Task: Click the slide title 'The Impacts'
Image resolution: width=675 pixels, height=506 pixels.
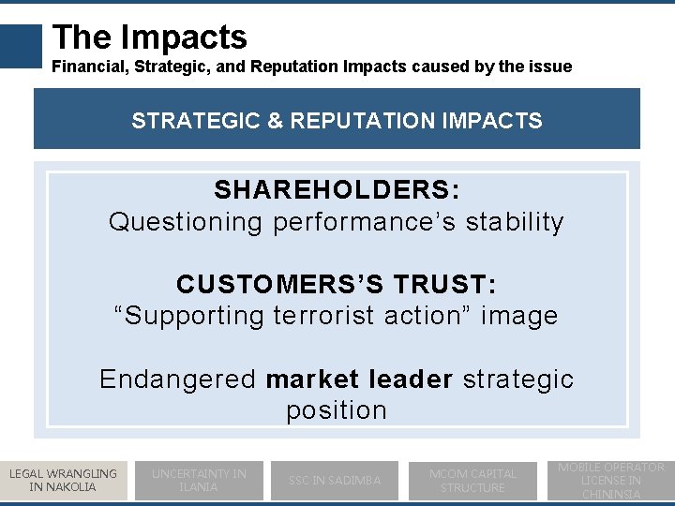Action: pos(150,37)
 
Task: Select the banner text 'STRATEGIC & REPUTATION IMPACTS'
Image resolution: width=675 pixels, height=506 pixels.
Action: pos(337,121)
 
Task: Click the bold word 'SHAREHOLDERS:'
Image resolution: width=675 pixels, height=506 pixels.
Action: pos(337,190)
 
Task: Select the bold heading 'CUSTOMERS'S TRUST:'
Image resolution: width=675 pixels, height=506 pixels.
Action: pos(337,284)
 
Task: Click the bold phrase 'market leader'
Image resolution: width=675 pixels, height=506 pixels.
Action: pos(359,379)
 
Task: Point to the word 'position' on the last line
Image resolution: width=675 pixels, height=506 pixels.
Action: pos(337,410)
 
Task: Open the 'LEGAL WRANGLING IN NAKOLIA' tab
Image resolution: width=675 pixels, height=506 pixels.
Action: pos(63,480)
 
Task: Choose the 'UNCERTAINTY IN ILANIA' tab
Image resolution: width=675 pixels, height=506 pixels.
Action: pos(199,480)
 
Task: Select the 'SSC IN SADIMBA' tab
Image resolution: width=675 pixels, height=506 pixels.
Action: pos(335,480)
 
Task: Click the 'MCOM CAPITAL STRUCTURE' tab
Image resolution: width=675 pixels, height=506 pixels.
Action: pos(472,480)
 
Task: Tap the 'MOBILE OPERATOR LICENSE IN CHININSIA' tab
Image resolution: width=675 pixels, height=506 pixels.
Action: pos(611,480)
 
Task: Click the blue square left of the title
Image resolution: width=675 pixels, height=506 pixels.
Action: pos(22,46)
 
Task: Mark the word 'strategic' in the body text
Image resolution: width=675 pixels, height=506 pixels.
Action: pos(518,379)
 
